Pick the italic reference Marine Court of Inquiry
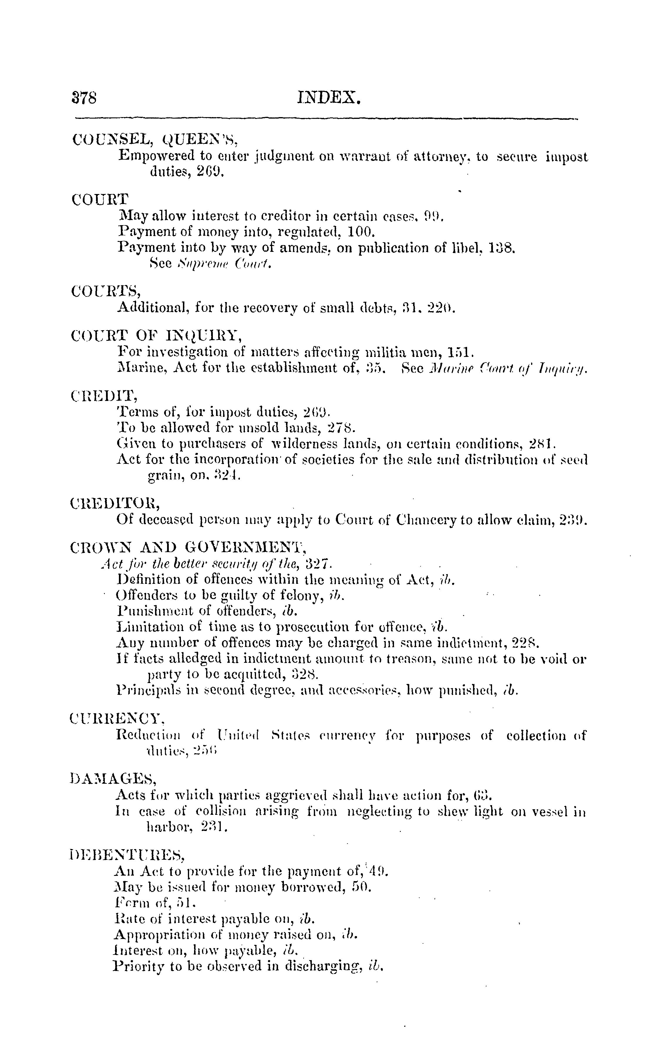(509, 368)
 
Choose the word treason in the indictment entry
(406, 659)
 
